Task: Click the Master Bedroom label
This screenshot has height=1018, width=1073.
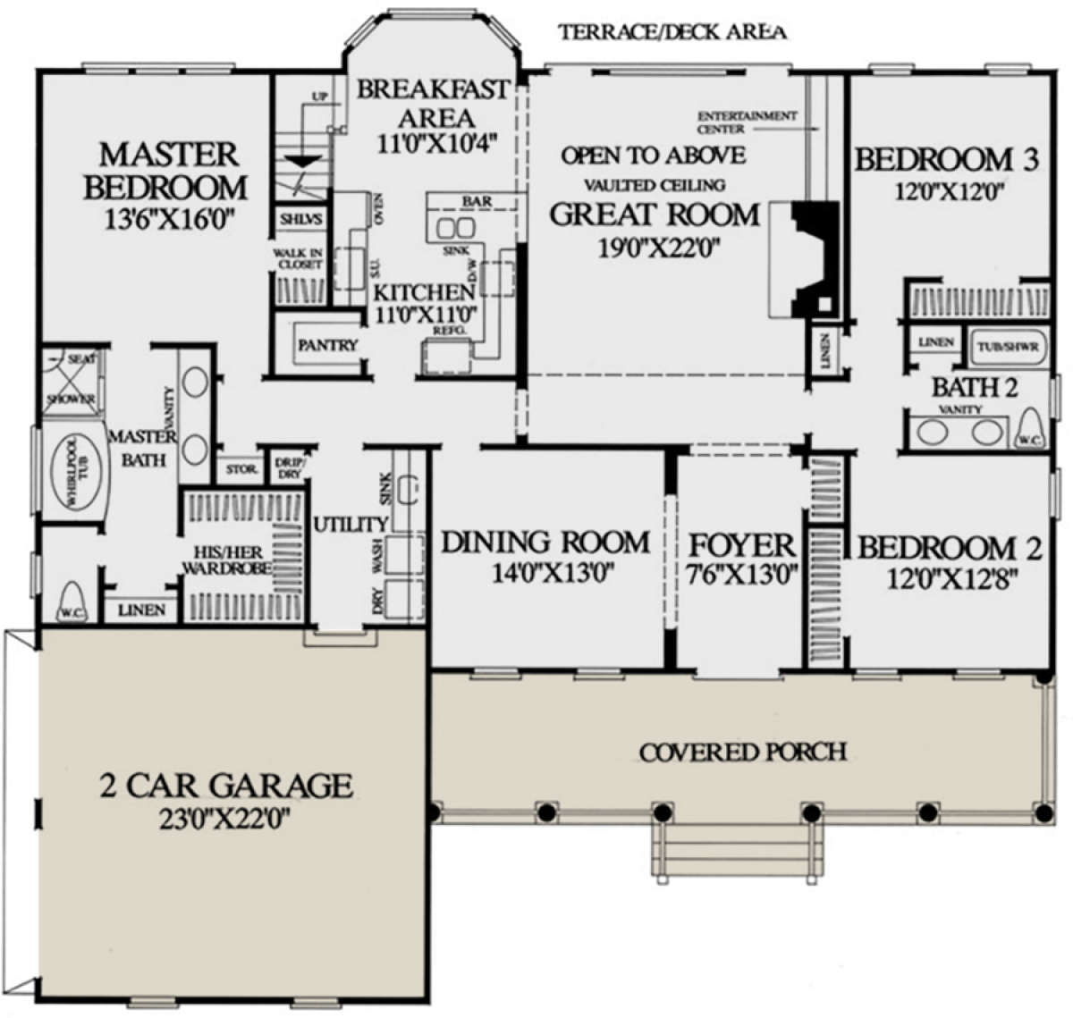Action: tap(166, 171)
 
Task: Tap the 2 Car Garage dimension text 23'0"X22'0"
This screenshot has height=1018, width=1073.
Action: tap(226, 820)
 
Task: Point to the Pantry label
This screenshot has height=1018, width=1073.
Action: tap(327, 345)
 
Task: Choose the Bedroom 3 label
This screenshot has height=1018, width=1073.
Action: tap(947, 160)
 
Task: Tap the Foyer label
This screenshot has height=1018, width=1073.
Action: tap(741, 545)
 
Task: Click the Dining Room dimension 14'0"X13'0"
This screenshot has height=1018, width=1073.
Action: tap(552, 573)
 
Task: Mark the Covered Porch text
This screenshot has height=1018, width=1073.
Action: tap(742, 753)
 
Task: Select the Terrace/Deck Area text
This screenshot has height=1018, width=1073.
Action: tap(672, 33)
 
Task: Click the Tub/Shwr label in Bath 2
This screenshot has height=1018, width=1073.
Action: tap(1008, 346)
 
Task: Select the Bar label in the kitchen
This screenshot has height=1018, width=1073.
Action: tap(477, 202)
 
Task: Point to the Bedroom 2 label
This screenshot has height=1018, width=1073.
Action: tap(949, 548)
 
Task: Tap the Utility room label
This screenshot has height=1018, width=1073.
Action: tap(351, 525)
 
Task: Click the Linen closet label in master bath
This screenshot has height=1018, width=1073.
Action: tap(141, 610)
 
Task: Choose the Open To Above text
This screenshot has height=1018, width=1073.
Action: tap(653, 156)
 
